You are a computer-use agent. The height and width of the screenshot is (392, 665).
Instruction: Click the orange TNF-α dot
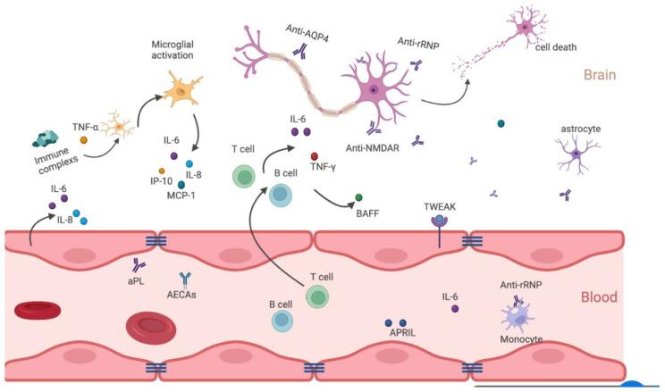click(x=83, y=139)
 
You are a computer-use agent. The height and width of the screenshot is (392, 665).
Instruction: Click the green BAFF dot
click(x=359, y=196)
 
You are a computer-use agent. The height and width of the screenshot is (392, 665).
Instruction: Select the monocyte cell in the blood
click(x=518, y=318)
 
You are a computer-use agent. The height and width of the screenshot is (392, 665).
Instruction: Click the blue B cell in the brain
click(x=282, y=193)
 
